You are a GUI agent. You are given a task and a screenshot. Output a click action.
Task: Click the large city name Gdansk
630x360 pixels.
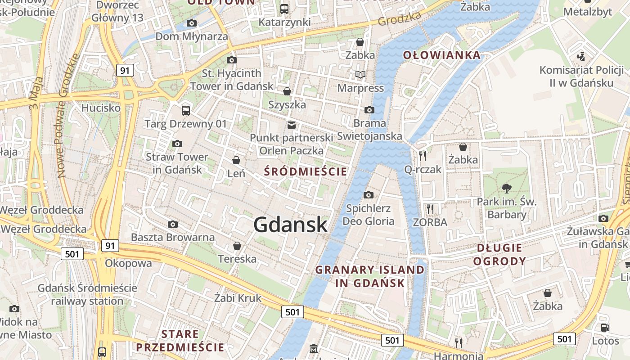(x=290, y=224)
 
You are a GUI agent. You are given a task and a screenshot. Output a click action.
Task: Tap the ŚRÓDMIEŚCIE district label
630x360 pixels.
(x=306, y=171)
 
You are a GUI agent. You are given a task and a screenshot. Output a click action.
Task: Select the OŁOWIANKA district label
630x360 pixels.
(x=441, y=55)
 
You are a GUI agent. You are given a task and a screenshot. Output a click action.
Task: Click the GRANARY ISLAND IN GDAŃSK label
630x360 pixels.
(x=370, y=276)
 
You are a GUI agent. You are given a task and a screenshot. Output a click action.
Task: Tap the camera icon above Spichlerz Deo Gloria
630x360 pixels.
(x=369, y=195)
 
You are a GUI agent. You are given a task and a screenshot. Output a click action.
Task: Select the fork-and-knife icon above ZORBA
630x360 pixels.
(x=430, y=209)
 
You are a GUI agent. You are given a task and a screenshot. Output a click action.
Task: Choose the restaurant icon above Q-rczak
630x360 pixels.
(x=423, y=156)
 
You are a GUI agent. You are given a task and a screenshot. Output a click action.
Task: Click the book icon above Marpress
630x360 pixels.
(x=360, y=74)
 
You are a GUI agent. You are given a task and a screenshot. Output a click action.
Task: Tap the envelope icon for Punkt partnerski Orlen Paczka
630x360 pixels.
(x=292, y=125)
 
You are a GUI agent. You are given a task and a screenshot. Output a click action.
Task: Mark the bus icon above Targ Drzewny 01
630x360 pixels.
(x=185, y=110)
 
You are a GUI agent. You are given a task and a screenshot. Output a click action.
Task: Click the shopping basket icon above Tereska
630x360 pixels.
(x=237, y=246)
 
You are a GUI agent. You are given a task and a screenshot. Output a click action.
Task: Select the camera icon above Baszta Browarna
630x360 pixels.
(x=173, y=224)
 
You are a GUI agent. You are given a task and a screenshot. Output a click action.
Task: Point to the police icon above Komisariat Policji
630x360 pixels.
(x=581, y=57)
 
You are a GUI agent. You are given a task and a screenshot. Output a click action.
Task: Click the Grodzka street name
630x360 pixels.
(x=400, y=18)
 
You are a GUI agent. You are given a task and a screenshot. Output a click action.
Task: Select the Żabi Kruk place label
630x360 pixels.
(x=238, y=298)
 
